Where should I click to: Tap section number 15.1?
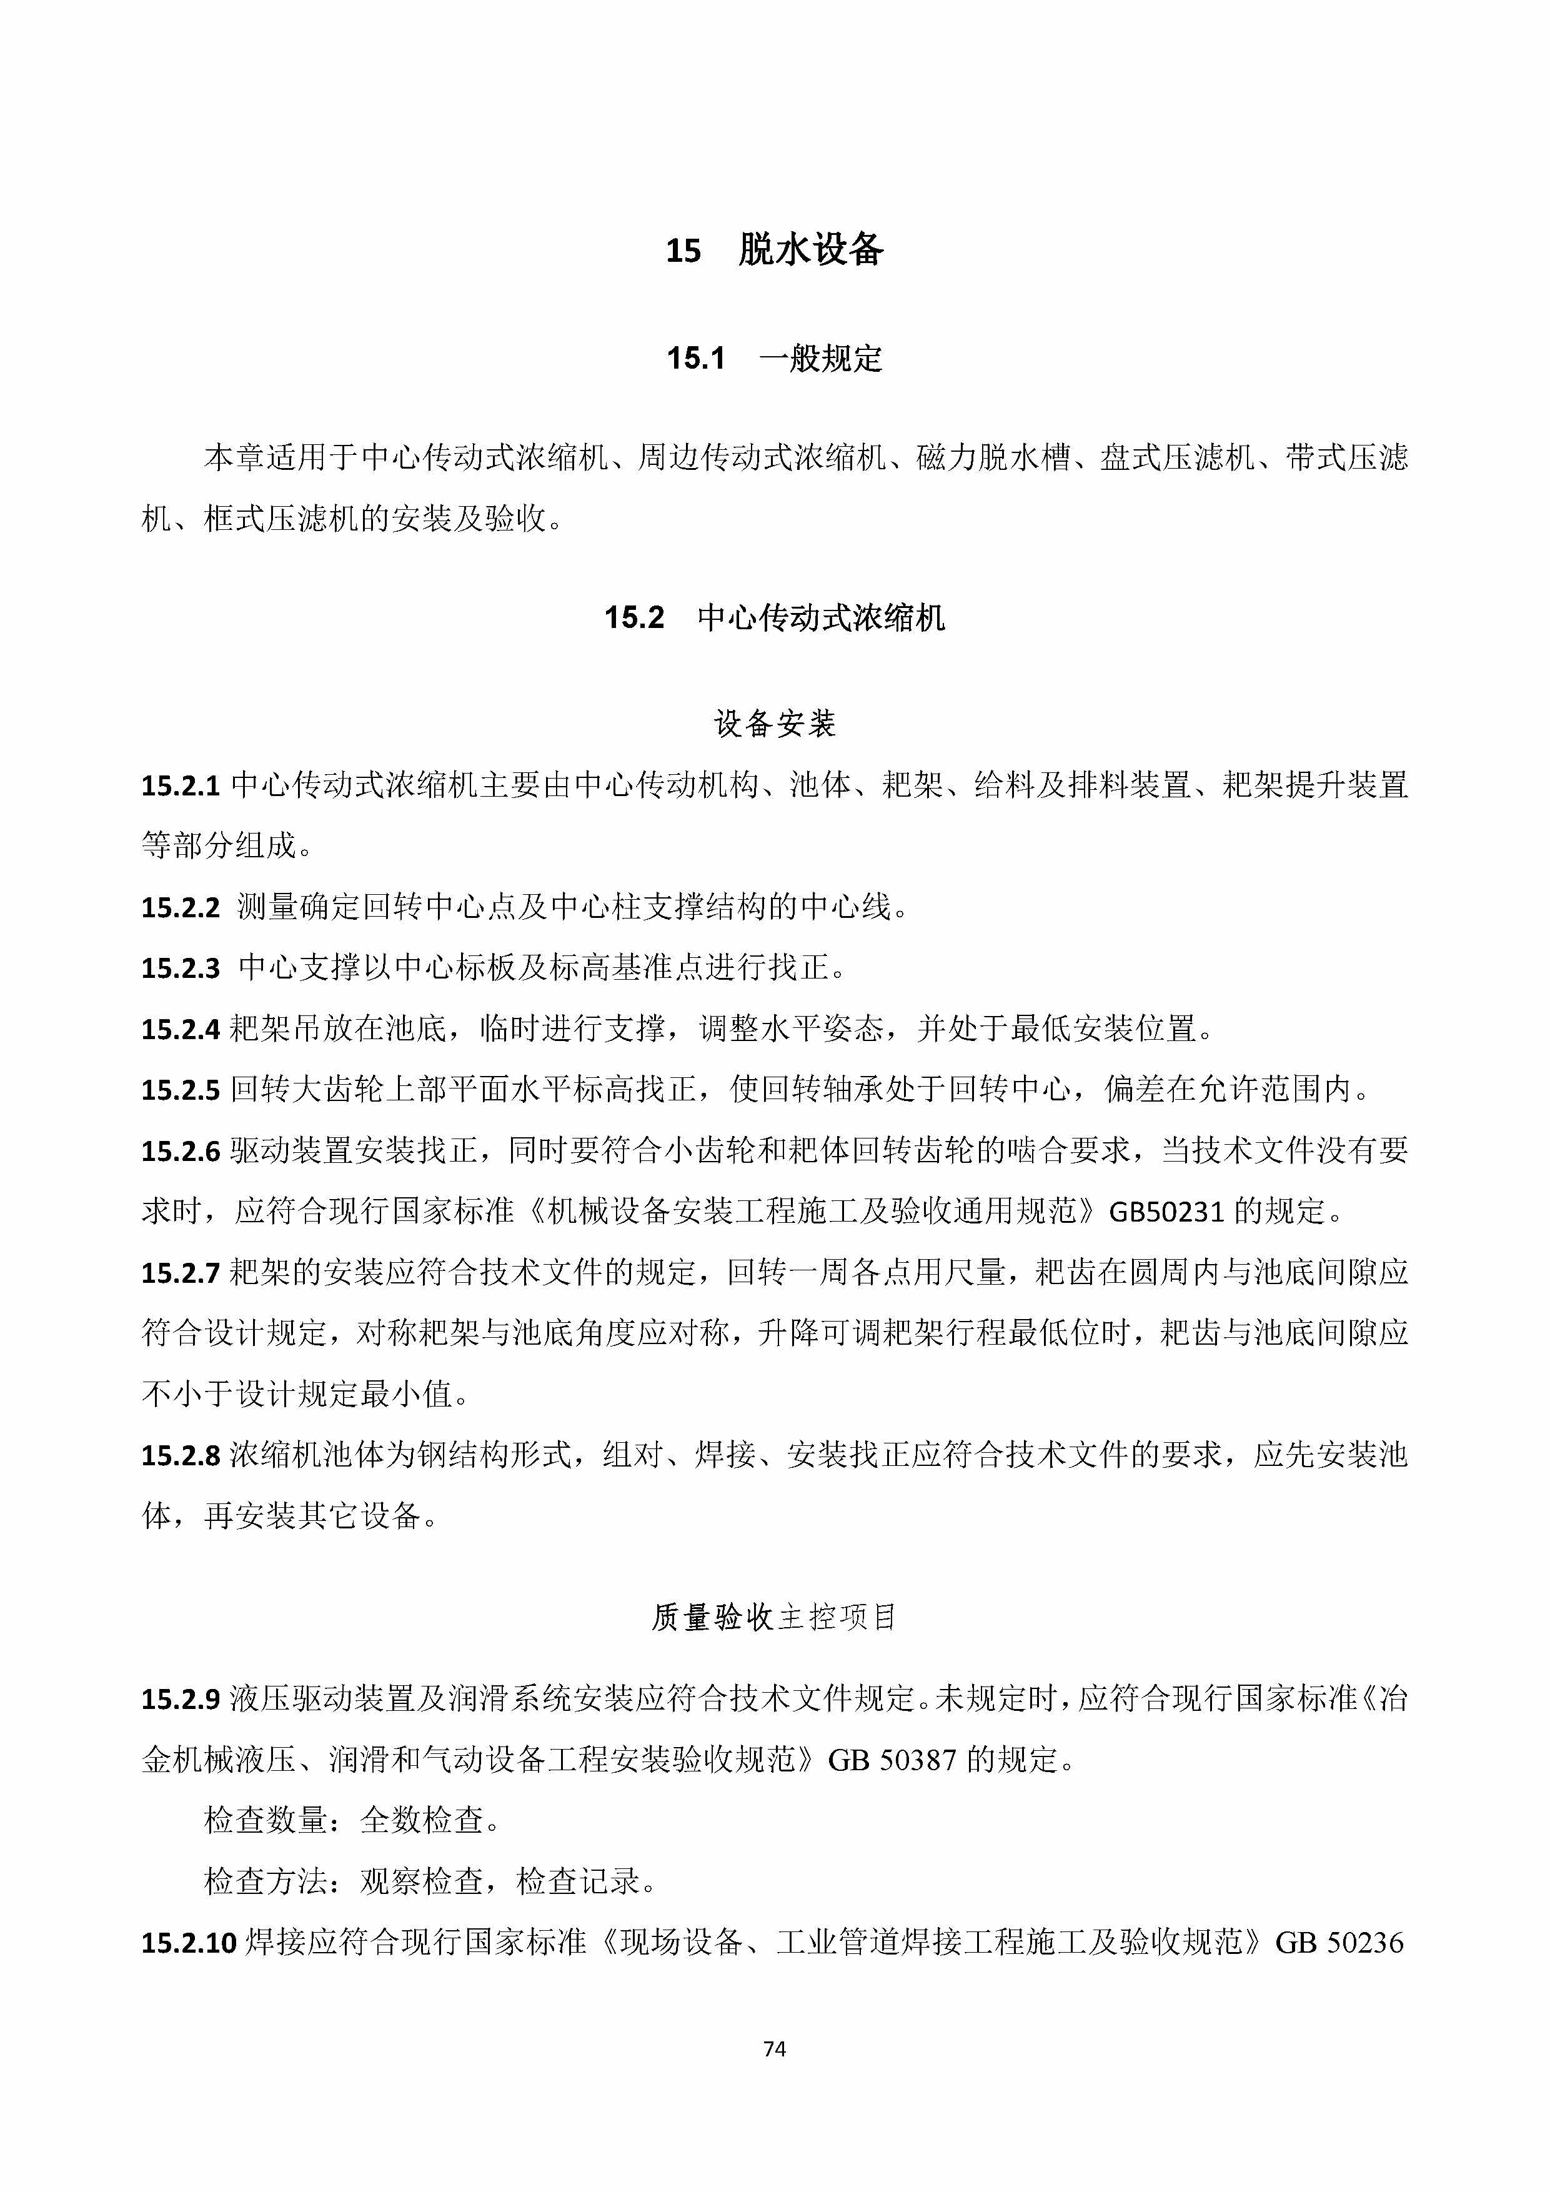pos(696,359)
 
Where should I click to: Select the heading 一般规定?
pos(821,359)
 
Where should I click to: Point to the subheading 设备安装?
pos(775,724)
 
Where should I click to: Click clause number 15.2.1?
pos(181,785)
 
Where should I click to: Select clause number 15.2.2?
pos(181,907)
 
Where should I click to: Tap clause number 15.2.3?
pos(181,968)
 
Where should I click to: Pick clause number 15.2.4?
pos(181,1029)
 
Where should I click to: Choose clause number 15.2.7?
pos(181,1273)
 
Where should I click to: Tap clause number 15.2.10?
pos(188,1943)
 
